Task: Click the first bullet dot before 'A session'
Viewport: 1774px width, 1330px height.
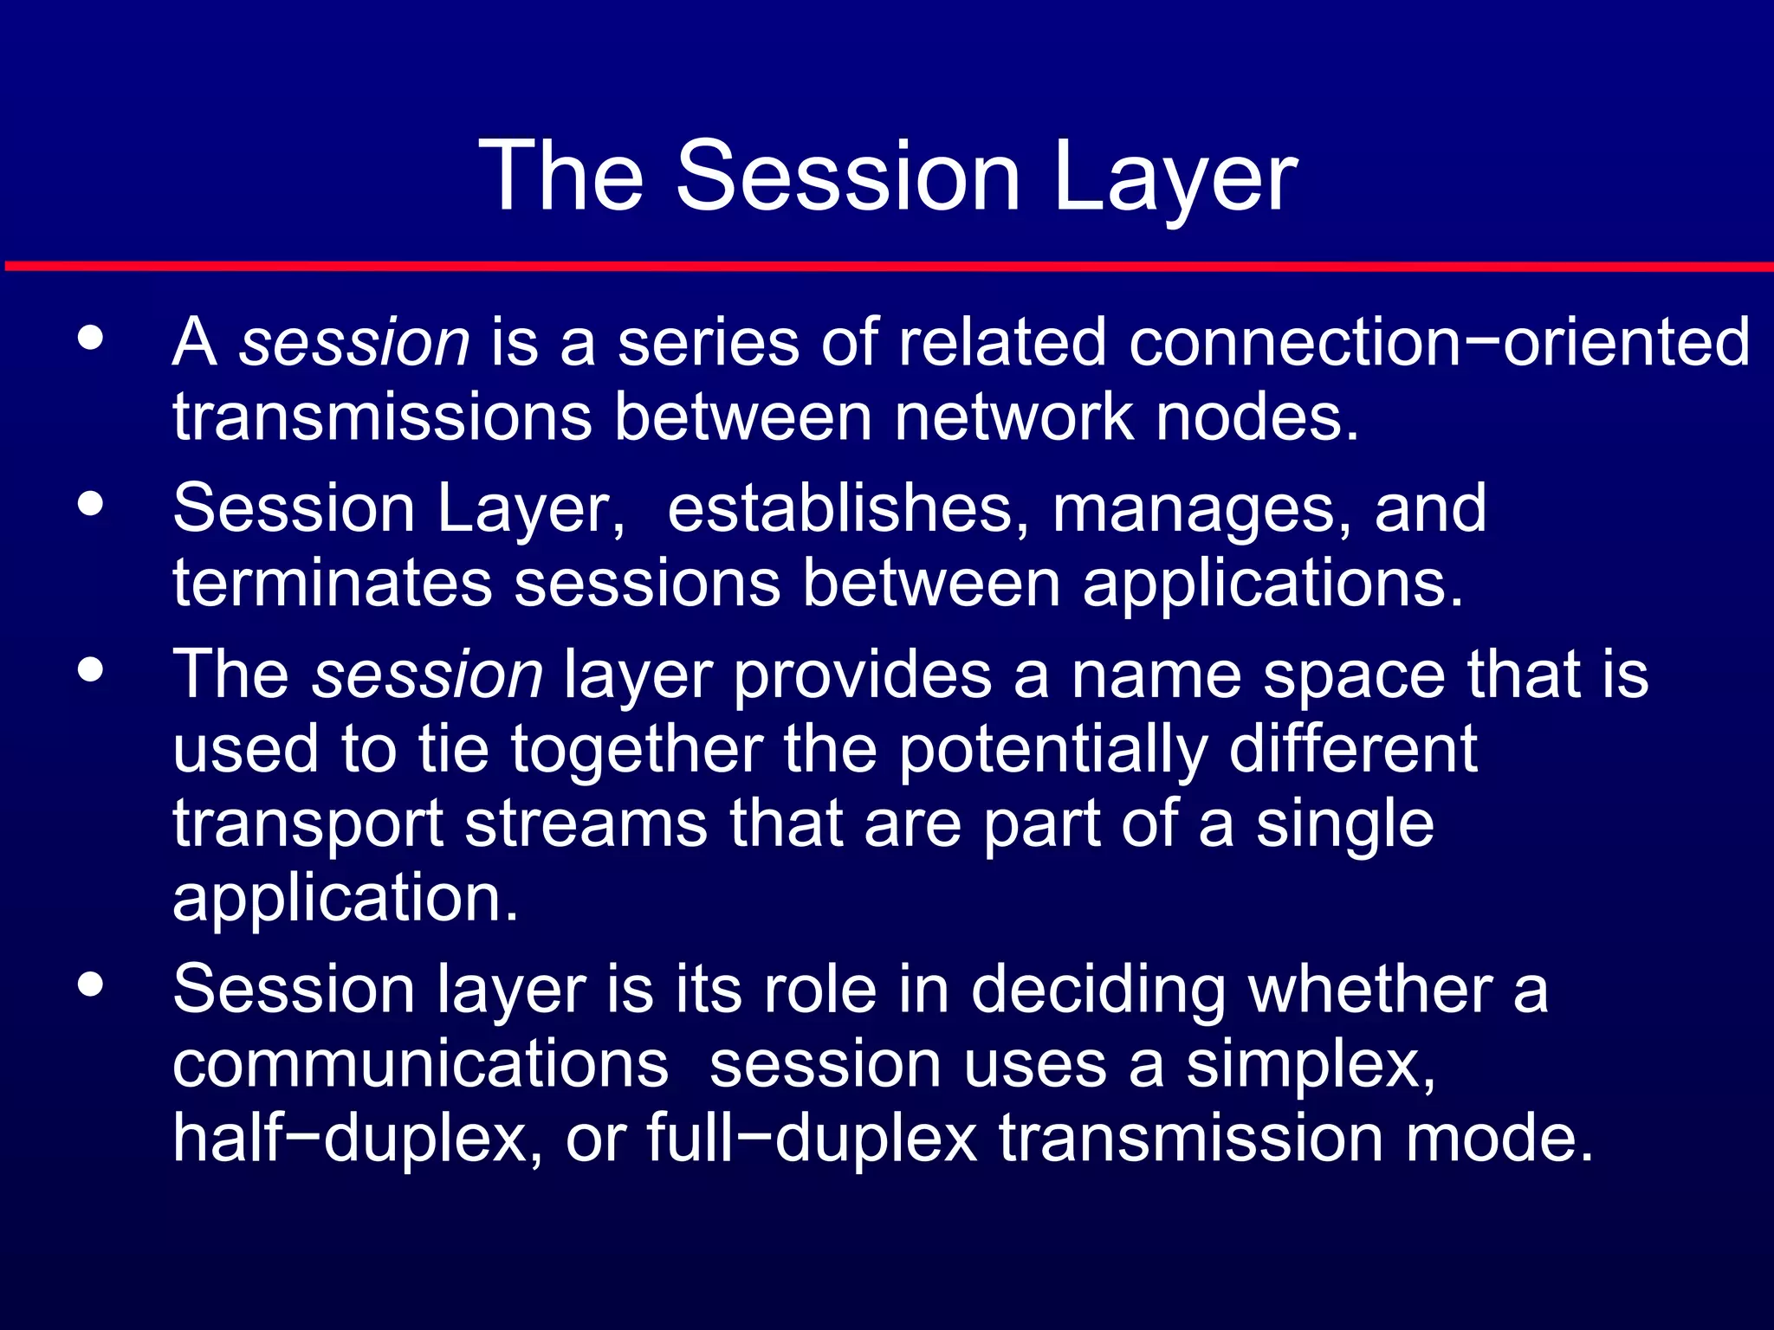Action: click(90, 338)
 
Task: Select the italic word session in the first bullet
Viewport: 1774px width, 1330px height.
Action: click(354, 343)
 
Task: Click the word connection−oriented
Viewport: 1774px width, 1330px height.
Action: click(1439, 343)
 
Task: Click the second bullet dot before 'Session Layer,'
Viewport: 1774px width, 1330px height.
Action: click(90, 504)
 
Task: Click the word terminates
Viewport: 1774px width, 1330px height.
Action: click(332, 584)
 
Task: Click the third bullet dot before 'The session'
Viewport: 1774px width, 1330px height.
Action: click(90, 669)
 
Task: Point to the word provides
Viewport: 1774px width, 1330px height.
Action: click(862, 675)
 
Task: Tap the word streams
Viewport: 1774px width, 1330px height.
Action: click(586, 824)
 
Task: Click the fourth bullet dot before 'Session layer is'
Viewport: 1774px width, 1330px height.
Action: click(90, 985)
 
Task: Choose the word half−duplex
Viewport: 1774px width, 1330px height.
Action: click(358, 1139)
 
